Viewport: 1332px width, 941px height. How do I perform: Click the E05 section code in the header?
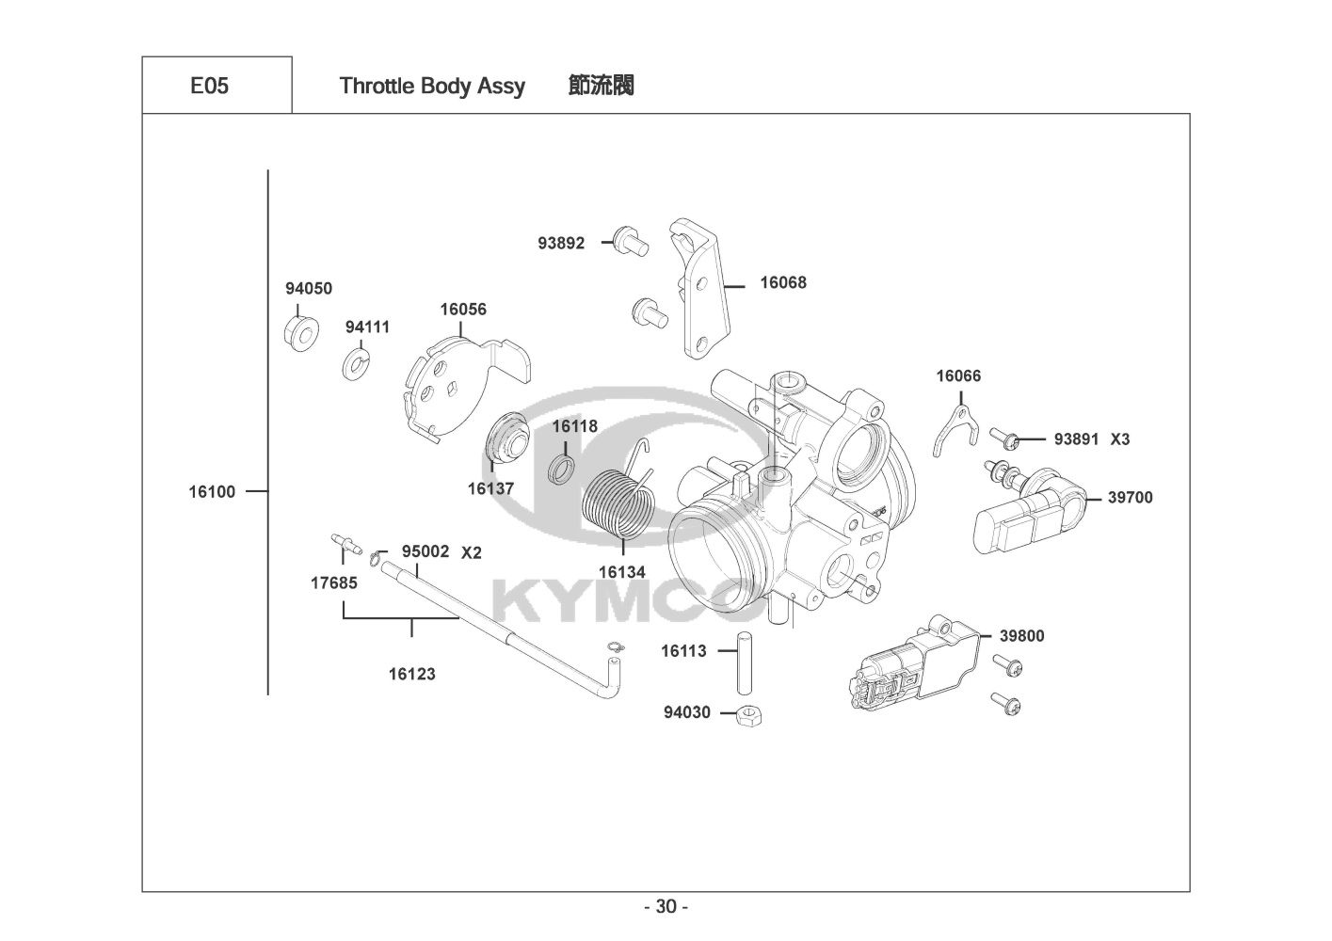209,86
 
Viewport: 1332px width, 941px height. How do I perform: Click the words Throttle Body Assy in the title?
432,86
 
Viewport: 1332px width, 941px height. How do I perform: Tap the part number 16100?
212,491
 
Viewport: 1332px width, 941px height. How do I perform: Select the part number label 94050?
309,289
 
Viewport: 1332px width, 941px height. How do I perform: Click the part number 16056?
463,310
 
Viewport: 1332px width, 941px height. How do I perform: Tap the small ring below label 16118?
561,470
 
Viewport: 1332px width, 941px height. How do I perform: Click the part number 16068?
783,282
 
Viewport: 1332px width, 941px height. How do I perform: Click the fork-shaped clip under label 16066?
952,427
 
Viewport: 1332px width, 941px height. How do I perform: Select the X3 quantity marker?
1119,439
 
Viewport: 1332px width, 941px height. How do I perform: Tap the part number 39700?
1130,498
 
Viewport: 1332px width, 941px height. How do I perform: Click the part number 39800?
1021,636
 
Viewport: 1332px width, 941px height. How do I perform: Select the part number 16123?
412,674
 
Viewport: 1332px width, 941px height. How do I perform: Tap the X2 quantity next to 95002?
471,552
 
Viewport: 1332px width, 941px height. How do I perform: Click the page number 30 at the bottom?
666,907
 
